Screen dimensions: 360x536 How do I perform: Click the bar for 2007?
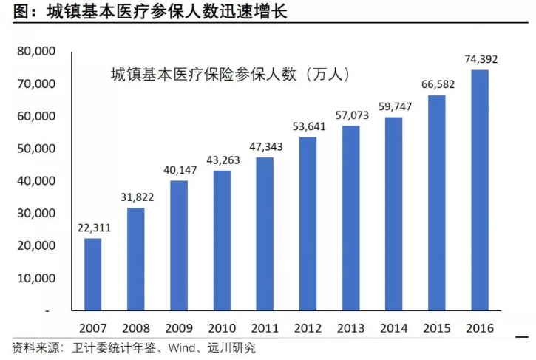(x=93, y=274)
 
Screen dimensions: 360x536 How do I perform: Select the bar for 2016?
(x=480, y=190)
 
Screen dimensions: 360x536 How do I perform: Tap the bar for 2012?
(x=308, y=224)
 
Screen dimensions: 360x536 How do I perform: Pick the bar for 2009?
(x=179, y=245)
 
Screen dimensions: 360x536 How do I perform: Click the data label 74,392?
(x=481, y=58)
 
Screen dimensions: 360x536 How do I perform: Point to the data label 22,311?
(x=94, y=227)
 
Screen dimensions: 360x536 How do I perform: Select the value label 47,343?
(x=265, y=146)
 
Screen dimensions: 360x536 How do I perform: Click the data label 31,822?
(x=137, y=196)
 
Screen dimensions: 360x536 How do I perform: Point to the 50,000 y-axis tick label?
(x=36, y=149)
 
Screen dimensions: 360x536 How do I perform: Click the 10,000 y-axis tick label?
(x=36, y=279)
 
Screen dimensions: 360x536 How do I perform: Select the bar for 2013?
(x=351, y=219)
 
